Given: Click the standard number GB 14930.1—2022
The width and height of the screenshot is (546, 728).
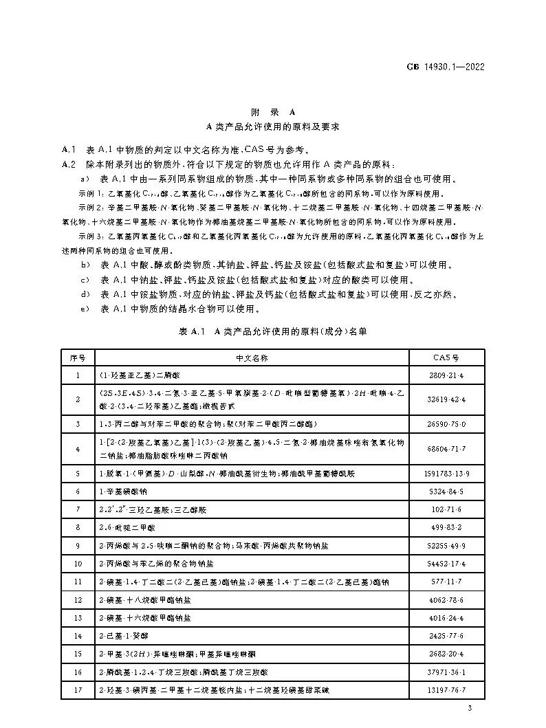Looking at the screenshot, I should pos(446,67).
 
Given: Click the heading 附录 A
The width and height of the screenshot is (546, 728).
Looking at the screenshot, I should pos(273,112).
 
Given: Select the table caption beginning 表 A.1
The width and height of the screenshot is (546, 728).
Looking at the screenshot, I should pos(273,331).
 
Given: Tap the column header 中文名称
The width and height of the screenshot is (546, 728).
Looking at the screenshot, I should pos(251,358).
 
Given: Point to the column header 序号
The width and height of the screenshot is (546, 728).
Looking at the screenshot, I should pos(78,358).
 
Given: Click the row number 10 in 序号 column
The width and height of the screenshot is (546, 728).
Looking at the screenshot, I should pos(78,564).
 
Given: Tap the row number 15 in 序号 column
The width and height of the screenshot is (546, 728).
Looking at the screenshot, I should pos(78,654).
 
